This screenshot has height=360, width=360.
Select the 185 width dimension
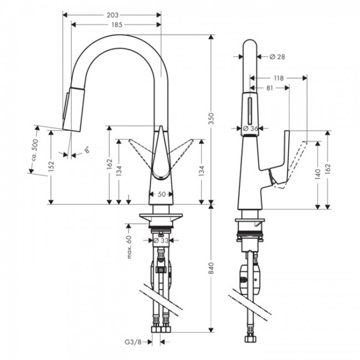pos(116,25)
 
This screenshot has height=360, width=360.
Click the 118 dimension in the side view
pos(279,79)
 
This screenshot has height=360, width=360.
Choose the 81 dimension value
pos(268,88)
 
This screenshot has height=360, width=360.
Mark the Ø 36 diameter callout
pos(251,128)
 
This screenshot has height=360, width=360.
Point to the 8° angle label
pos(87,150)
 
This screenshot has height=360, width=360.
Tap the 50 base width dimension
pos(161,194)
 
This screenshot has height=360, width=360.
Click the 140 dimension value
pos(317,174)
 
